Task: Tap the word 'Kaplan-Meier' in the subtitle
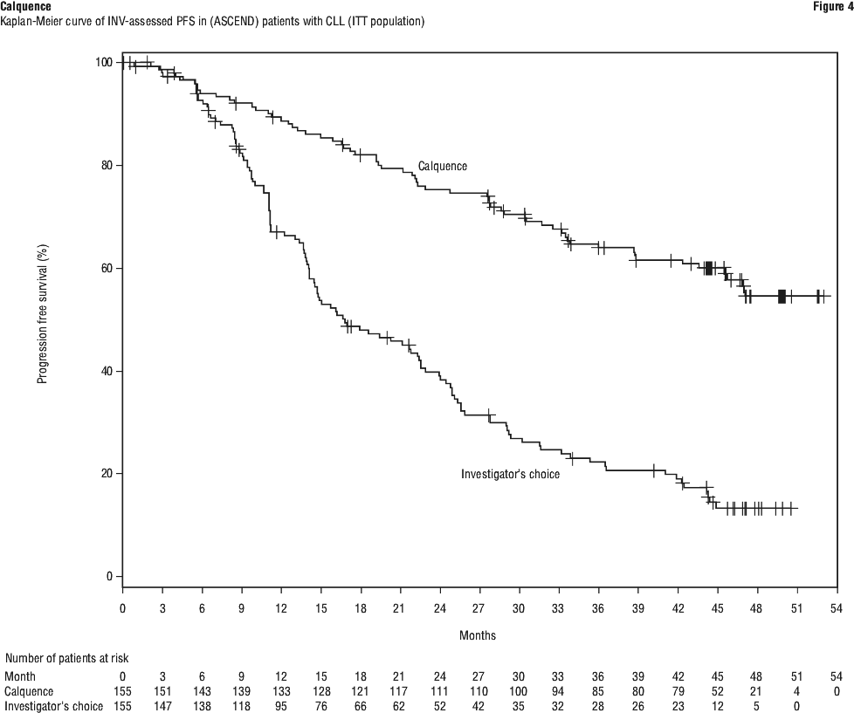[32, 21]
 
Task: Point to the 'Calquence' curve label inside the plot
[443, 166]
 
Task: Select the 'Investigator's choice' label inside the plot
[510, 474]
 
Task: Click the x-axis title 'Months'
[478, 635]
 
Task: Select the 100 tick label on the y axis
[104, 62]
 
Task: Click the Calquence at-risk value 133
[280, 690]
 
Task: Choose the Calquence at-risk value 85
[598, 690]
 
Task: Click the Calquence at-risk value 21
[757, 690]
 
